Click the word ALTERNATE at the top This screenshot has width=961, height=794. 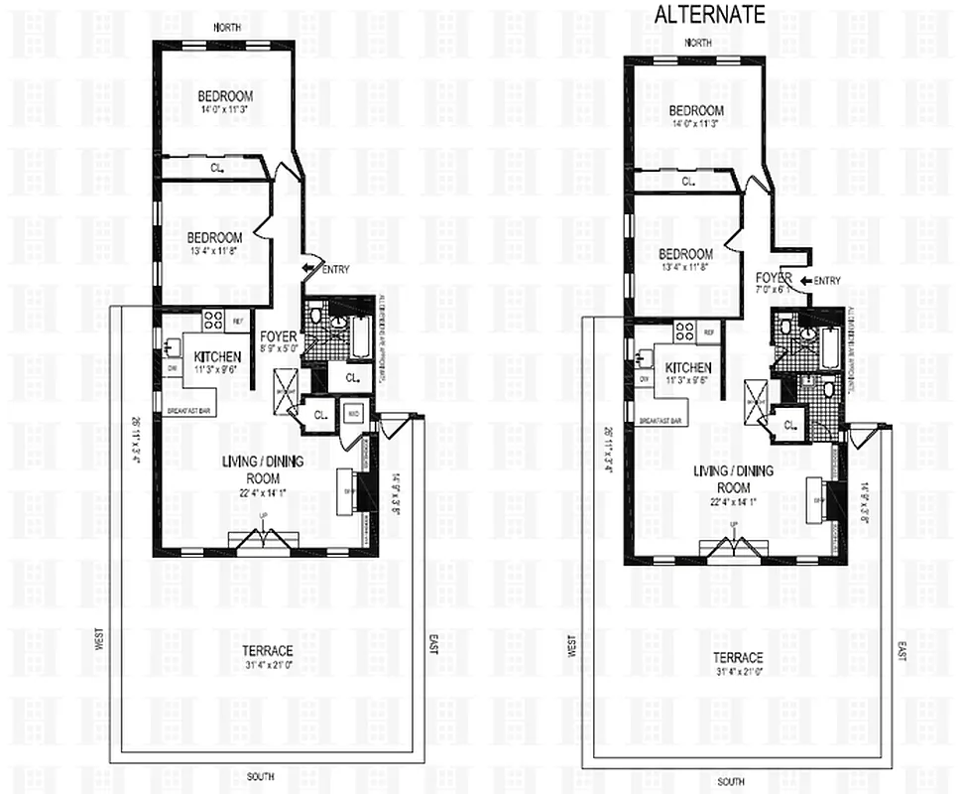tap(709, 14)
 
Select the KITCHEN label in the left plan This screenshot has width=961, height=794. tap(213, 357)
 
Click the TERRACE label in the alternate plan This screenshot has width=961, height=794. tap(737, 658)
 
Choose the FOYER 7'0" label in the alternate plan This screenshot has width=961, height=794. tap(773, 284)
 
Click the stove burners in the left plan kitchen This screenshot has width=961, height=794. tap(213, 320)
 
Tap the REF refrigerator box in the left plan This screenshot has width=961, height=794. tap(238, 321)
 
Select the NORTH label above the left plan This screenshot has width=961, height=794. tap(228, 28)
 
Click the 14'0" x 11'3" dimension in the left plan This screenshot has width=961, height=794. tap(224, 110)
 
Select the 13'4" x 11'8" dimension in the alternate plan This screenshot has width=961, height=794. tap(684, 267)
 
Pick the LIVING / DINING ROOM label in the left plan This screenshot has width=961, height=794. tap(263, 469)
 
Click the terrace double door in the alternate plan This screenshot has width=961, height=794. tap(735, 549)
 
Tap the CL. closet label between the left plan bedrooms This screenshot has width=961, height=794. tap(216, 170)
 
